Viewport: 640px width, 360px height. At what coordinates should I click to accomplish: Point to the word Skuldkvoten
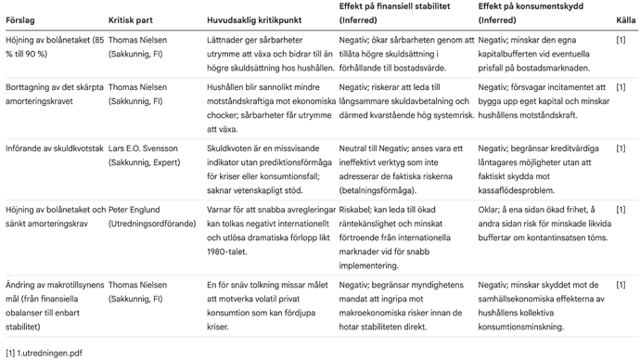(231, 148)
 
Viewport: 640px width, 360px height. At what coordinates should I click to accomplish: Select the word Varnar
(220, 211)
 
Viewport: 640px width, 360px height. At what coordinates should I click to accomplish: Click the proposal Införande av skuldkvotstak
(54, 148)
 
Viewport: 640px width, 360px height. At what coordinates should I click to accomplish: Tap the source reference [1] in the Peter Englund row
(621, 211)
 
